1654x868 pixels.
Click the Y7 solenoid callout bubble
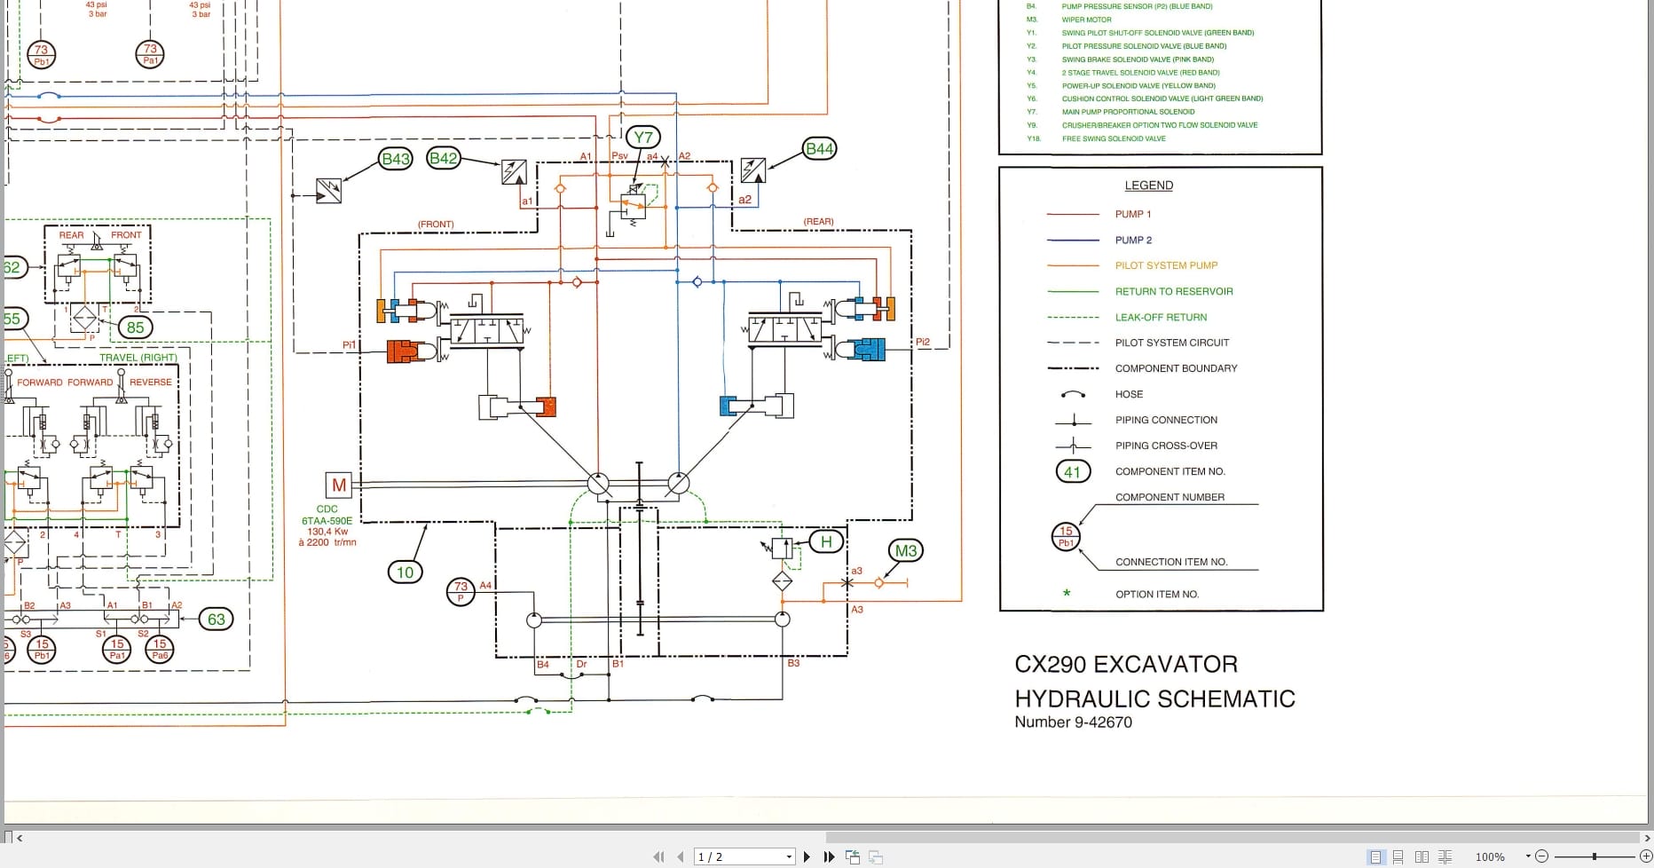click(x=643, y=137)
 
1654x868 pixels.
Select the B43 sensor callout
click(x=395, y=159)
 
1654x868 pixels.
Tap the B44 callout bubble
click(x=819, y=148)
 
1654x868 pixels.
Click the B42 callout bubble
click(x=443, y=158)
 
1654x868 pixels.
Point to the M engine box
click(x=339, y=485)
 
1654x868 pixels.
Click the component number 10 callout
click(x=405, y=572)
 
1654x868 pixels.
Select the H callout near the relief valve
click(x=826, y=541)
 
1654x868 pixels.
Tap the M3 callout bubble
click(x=905, y=551)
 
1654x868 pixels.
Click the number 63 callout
click(x=217, y=619)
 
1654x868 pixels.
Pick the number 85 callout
click(x=135, y=327)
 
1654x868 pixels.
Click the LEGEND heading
click(x=1148, y=185)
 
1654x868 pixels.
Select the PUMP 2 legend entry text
click(x=1133, y=240)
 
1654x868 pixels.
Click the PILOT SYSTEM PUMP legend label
click(x=1166, y=265)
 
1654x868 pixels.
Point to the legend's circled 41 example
click(x=1072, y=472)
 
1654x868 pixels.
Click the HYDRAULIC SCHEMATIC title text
click(x=1154, y=698)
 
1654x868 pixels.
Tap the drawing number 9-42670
click(x=1103, y=722)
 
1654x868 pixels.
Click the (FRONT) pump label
click(x=436, y=225)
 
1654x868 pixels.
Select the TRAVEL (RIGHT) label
click(x=138, y=358)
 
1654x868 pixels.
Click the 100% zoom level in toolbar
click(x=1490, y=856)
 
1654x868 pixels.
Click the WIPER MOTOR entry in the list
click(x=1086, y=20)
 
